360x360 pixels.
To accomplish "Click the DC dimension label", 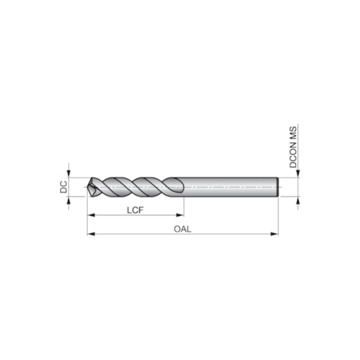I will coord(63,188).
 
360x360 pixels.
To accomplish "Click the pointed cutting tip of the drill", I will coord(89,188).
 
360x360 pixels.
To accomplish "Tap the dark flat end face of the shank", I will coord(278,188).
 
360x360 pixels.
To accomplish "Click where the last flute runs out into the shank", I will coord(180,188).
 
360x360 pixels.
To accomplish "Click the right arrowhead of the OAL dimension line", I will coord(275,233).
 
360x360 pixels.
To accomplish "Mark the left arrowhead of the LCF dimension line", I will coord(91,214).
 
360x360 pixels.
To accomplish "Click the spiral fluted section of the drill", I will coord(133,188).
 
